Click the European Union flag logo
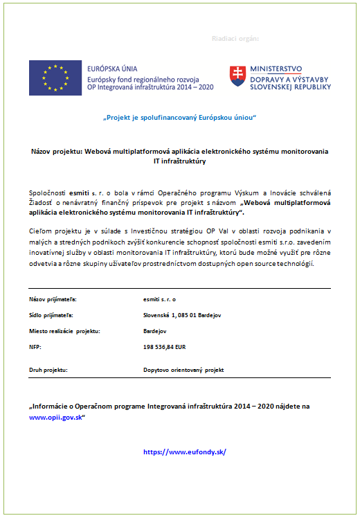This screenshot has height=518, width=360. [54, 77]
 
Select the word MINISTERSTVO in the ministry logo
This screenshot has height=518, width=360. [276, 69]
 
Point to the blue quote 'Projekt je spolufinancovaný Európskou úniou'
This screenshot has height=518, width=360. [179, 118]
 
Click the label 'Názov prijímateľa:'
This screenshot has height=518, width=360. [53, 299]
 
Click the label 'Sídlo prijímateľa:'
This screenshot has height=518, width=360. [51, 315]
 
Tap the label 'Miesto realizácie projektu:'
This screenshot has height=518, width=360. [65, 331]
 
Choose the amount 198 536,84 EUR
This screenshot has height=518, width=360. [165, 346]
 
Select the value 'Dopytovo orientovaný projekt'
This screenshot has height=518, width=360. [183, 370]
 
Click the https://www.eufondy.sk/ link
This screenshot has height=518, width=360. [185, 452]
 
